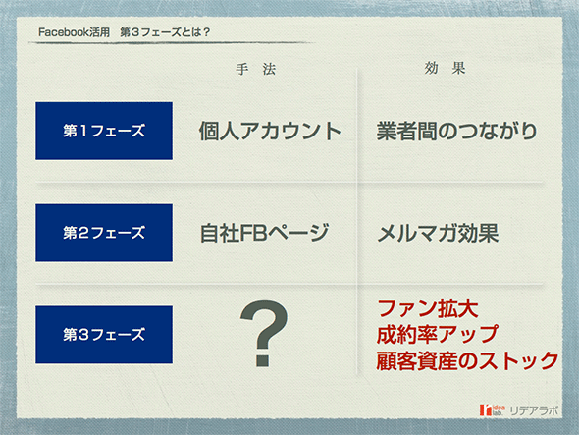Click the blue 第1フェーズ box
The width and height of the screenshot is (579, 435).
click(104, 131)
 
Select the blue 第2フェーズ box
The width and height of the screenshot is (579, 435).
click(104, 233)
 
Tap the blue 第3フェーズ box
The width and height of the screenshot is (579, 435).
click(104, 335)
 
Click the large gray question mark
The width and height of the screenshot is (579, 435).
click(264, 334)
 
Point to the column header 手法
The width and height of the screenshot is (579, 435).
click(256, 69)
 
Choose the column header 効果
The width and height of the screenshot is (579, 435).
click(445, 68)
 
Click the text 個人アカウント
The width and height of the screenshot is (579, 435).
click(270, 132)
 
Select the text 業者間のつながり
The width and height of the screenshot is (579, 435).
click(456, 132)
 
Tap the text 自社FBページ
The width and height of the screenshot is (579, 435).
click(264, 233)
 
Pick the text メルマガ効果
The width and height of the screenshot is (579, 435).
click(438, 233)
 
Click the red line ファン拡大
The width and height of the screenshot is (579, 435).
click(428, 309)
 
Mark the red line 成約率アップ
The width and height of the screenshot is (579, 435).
click(438, 335)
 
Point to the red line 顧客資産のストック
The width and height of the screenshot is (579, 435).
click(467, 360)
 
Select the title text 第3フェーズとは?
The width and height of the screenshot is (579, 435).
click(165, 32)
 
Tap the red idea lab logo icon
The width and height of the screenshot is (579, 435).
click(487, 409)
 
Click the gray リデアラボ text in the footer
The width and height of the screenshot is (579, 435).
click(534, 410)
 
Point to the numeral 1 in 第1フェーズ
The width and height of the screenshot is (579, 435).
click(83, 131)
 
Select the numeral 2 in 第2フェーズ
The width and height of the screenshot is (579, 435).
click(83, 233)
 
